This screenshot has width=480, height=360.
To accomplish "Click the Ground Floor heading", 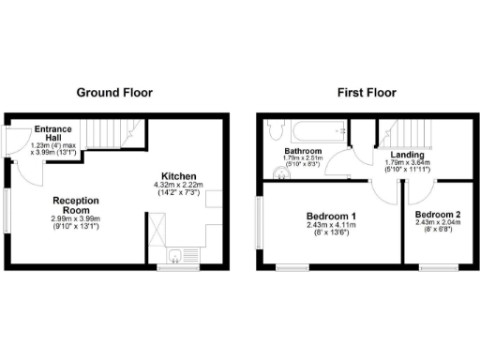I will coord(114,93).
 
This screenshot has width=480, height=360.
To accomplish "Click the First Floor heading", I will coord(366,93).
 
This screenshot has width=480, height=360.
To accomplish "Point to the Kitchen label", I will coord(178,176).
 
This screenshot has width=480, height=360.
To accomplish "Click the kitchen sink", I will coord(175,254).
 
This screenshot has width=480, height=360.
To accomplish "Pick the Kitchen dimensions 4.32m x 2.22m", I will coord(178,187).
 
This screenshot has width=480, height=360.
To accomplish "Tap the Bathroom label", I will coord(304,151).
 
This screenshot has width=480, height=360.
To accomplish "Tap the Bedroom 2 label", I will coord(438,214).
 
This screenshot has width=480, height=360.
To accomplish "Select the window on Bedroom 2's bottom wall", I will coord(438,268).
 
